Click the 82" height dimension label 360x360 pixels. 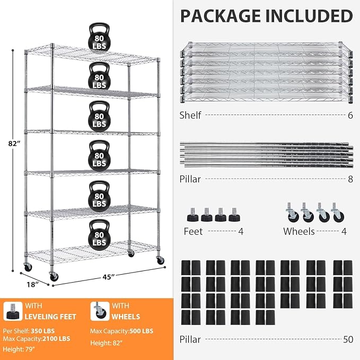pyautogui.click(x=14, y=144)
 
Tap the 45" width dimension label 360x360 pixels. pyautogui.click(x=108, y=277)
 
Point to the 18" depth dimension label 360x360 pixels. pyautogui.click(x=32, y=285)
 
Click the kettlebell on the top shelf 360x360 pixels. pyautogui.click(x=99, y=38)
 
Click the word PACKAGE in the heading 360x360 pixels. pyautogui.click(x=221, y=16)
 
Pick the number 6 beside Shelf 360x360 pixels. pyautogui.click(x=350, y=115)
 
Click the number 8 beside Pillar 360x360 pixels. pyautogui.click(x=350, y=179)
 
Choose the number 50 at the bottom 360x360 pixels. pyautogui.click(x=348, y=339)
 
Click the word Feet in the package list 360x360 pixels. pyautogui.click(x=193, y=231)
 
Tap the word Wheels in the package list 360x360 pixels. pyautogui.click(x=298, y=231)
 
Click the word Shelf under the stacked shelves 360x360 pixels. pyautogui.click(x=190, y=115)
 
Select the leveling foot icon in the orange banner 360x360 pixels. pyautogui.click(x=13, y=311)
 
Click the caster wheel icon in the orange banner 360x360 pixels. pyautogui.click(x=100, y=311)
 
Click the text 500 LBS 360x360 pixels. pyautogui.click(x=142, y=331)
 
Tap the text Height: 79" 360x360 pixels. pyautogui.click(x=19, y=349)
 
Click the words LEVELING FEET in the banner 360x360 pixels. pyautogui.click(x=50, y=317)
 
